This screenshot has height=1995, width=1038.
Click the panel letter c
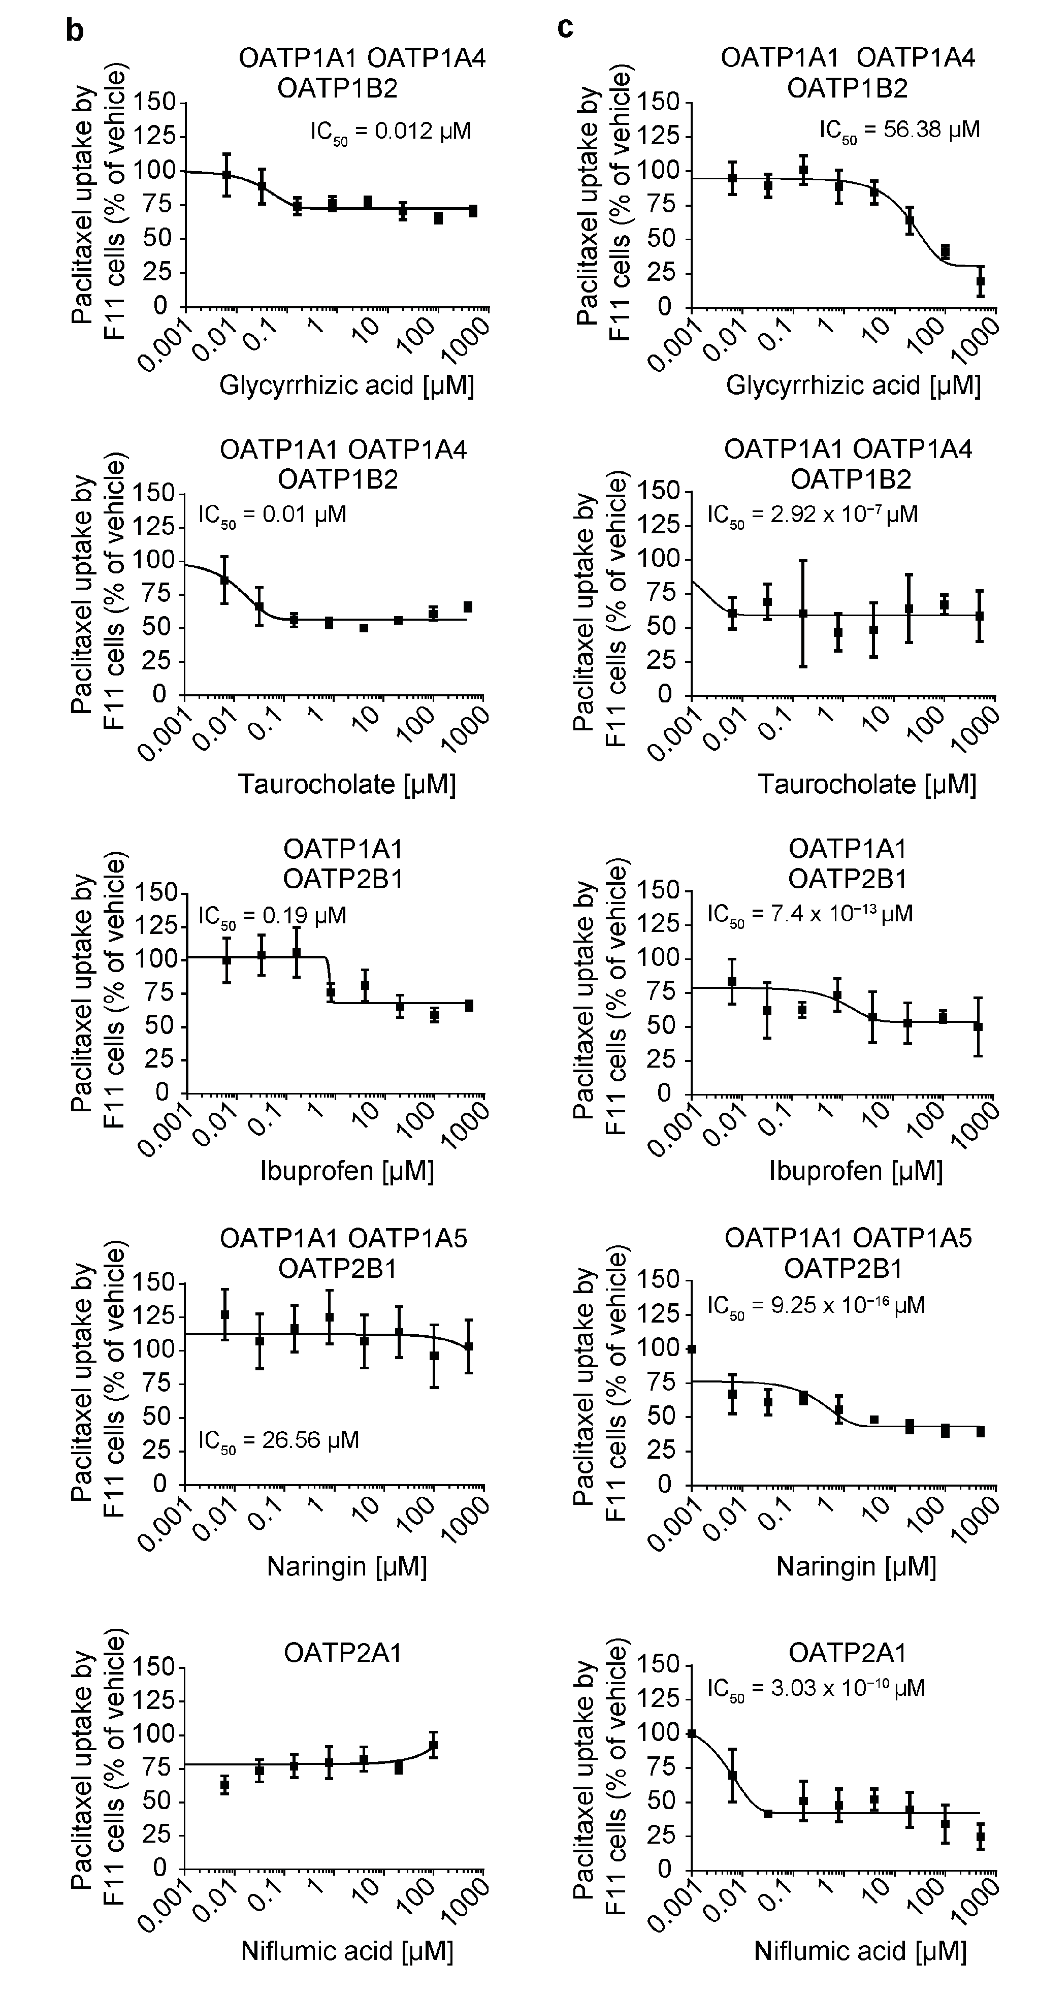tap(566, 28)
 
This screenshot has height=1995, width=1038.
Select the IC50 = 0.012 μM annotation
tap(391, 132)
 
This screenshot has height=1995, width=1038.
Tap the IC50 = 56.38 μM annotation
tap(898, 130)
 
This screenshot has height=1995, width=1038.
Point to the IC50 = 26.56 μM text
tap(278, 1440)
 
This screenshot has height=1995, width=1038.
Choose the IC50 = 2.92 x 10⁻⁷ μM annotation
tap(812, 515)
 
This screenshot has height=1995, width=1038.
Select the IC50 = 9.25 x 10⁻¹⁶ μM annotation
tap(816, 1306)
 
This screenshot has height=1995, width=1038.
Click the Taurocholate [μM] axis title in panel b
tap(346, 785)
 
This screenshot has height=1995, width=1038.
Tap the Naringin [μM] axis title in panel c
tap(856, 1567)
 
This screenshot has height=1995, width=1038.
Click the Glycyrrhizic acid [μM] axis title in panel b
tap(346, 385)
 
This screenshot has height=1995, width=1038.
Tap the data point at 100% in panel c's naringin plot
tap(692, 1349)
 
